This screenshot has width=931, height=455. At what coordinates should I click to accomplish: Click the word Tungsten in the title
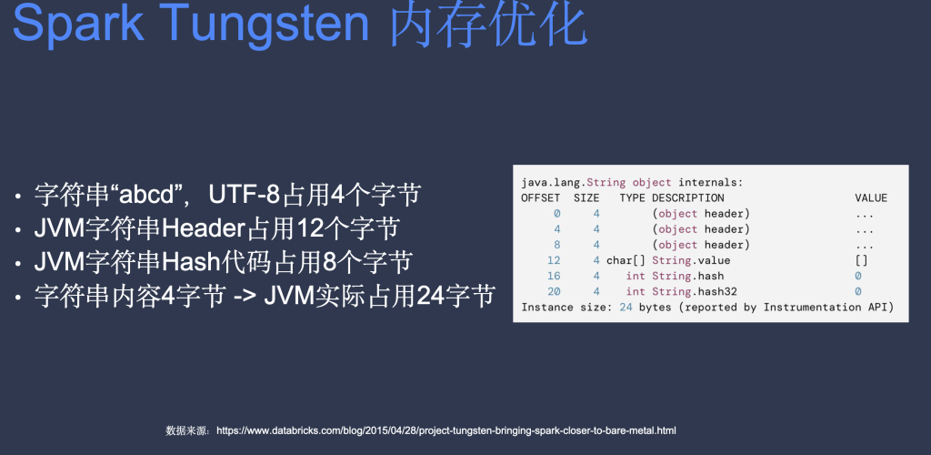point(259,24)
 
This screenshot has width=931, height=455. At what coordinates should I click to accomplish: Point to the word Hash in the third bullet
point(187,262)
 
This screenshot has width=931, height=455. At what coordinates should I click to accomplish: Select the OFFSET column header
point(540,197)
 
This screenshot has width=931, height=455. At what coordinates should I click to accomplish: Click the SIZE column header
point(586,197)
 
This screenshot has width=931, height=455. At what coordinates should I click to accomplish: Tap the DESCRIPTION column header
point(688,197)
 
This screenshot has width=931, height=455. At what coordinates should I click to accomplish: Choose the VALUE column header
point(871,197)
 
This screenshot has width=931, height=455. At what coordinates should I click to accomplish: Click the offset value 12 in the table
point(554,260)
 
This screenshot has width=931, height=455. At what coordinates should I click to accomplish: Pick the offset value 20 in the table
point(554,291)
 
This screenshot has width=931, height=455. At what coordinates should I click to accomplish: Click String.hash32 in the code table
point(695,291)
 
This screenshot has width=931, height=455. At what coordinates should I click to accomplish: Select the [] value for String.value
point(862,261)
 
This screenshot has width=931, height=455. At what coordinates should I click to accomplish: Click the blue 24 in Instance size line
point(626,307)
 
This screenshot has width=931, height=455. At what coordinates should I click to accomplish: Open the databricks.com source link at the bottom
point(445,430)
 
